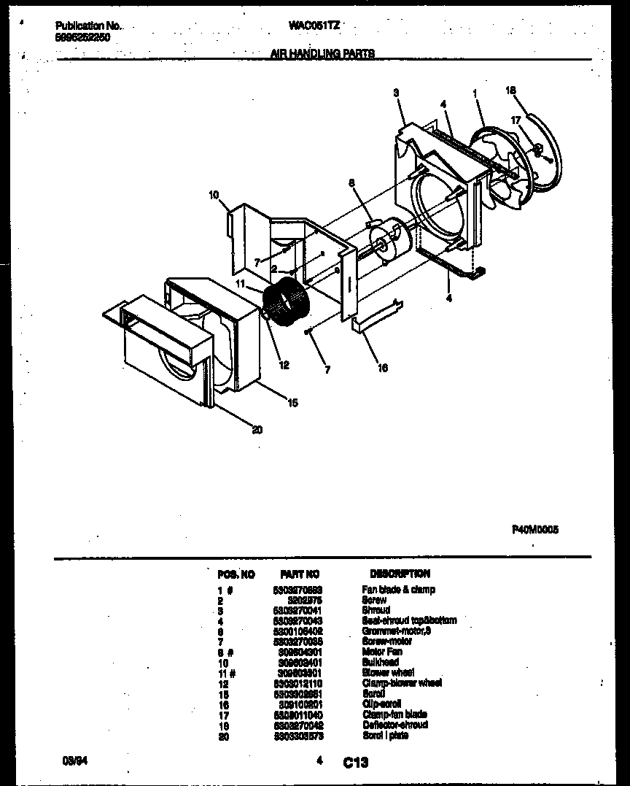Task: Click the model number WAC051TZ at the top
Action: (x=314, y=25)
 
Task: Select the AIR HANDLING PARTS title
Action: (x=322, y=53)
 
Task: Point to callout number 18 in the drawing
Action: (x=510, y=90)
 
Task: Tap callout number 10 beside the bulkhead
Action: (x=214, y=195)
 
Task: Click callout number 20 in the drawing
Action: (x=257, y=430)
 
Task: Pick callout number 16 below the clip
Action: (x=383, y=368)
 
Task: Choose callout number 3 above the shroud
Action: (x=396, y=93)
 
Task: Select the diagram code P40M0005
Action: (x=534, y=531)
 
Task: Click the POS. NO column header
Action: (x=236, y=574)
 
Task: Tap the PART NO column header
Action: (x=300, y=574)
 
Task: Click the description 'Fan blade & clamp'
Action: (x=398, y=590)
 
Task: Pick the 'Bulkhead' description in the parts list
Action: (x=380, y=662)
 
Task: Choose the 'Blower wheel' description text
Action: (x=389, y=672)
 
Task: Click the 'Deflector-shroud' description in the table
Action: (x=394, y=725)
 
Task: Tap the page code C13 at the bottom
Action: (x=356, y=763)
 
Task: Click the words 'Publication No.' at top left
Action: (x=88, y=26)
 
